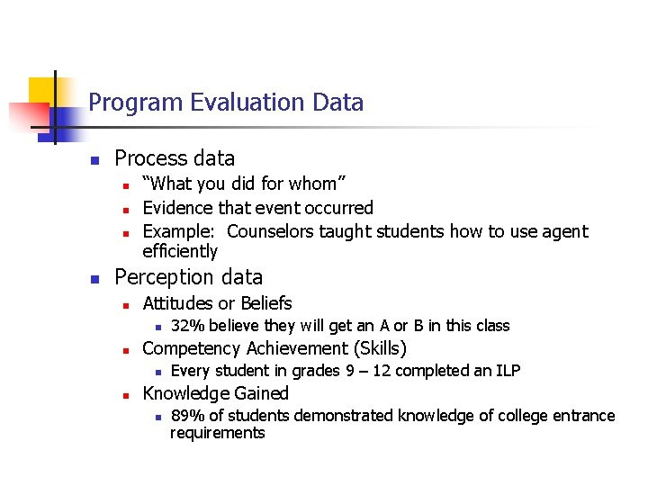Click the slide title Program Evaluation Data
pyautogui.click(x=226, y=103)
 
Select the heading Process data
pyautogui.click(x=175, y=158)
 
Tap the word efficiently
pyautogui.click(x=180, y=251)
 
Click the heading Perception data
pyautogui.click(x=189, y=277)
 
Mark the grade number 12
pyautogui.click(x=378, y=371)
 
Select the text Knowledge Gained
pyautogui.click(x=215, y=393)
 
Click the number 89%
pyautogui.click(x=186, y=416)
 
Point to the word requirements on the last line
pyautogui.click(x=218, y=433)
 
